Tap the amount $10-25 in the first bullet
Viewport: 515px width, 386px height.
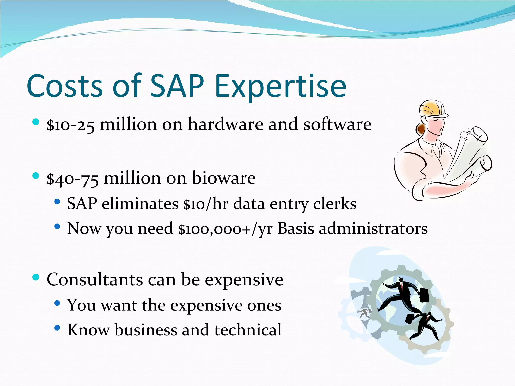[x=71, y=125]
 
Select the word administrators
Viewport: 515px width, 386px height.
[x=373, y=229]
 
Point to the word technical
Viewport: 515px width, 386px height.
[x=248, y=330]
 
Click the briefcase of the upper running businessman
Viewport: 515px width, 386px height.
[x=424, y=295]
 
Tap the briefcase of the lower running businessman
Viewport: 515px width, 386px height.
[x=410, y=319]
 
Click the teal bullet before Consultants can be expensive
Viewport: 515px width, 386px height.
[x=36, y=277]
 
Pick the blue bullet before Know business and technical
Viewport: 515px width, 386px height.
[x=57, y=328]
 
